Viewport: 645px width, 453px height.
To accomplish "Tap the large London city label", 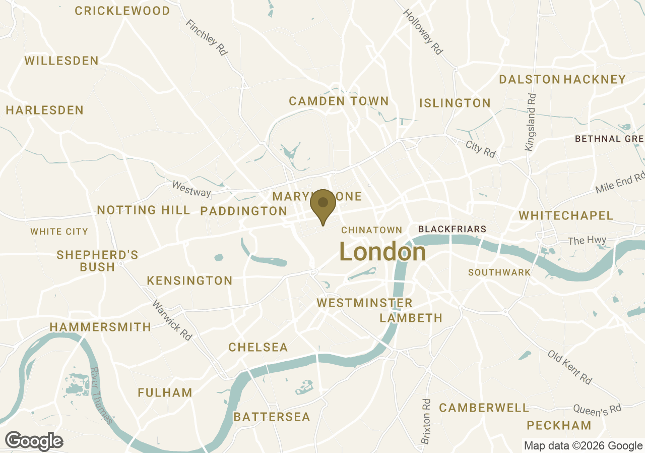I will click(x=382, y=252).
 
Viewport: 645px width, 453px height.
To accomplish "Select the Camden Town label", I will click(x=339, y=101).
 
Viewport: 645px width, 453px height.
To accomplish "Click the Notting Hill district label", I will click(x=144, y=210).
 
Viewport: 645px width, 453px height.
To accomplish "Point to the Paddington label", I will click(x=243, y=211).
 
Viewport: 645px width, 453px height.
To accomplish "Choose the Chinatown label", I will click(x=371, y=230).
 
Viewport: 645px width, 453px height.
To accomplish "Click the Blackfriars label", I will click(x=452, y=229).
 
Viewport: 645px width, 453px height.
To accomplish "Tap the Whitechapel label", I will click(x=566, y=216).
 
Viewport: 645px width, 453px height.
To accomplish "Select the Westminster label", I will click(x=364, y=303).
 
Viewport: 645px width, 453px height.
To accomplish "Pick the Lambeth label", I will click(x=411, y=318).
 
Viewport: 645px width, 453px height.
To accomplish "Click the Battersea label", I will click(x=272, y=417).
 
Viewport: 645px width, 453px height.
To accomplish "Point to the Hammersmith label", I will click(x=100, y=327).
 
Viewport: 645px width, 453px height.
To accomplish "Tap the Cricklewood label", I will click(x=122, y=11).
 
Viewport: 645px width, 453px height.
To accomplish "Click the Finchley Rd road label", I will click(x=207, y=37).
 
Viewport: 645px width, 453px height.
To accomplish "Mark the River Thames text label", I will click(x=101, y=395).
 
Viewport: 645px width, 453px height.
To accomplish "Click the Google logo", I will click(x=34, y=441).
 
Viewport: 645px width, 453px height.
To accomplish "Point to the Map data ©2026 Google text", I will click(x=583, y=445).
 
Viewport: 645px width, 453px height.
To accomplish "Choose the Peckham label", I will click(x=559, y=426).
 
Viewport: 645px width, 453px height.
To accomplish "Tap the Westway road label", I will click(x=191, y=189).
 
